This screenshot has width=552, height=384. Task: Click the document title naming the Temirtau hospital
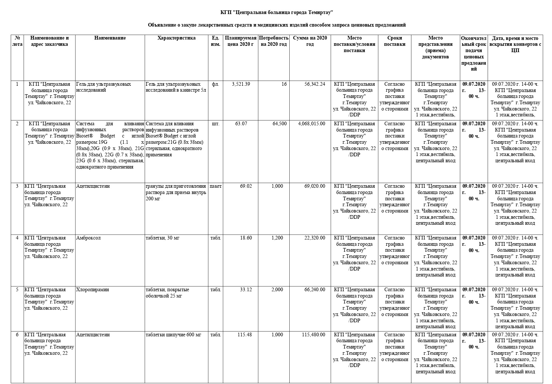coord(277,12)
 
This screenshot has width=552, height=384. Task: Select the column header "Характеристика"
coord(176,38)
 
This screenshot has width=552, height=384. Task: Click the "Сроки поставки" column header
coord(394,41)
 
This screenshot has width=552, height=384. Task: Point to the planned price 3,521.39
coord(241,84)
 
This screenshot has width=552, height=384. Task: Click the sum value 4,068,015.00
coord(312,124)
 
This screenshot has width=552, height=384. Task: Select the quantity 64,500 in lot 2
coord(279,124)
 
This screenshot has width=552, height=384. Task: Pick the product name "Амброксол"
coord(88,238)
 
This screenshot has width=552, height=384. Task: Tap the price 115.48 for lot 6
coord(245,335)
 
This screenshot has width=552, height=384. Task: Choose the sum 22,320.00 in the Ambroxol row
coord(315,238)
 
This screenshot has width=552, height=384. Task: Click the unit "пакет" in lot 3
coord(216,186)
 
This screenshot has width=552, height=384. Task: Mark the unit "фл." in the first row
coord(215,84)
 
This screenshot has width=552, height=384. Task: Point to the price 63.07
coord(241,124)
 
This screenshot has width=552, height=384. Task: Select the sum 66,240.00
coord(315,290)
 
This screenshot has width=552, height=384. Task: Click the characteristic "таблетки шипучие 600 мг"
coord(174,335)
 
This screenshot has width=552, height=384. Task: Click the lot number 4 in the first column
coord(17,238)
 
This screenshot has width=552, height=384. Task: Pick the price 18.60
coord(246,238)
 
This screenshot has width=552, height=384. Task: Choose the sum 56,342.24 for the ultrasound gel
coord(315,84)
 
